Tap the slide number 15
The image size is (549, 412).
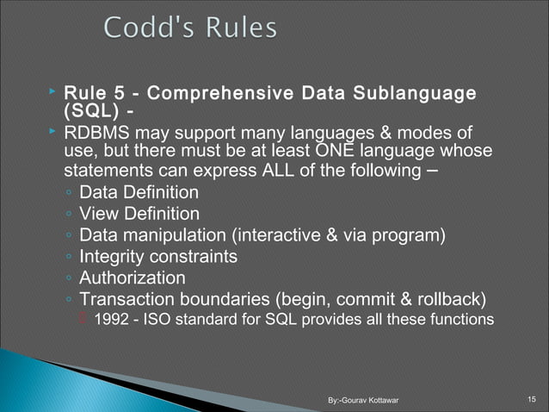click(531, 398)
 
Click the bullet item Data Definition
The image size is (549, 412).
click(139, 191)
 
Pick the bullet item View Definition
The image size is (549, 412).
click(139, 213)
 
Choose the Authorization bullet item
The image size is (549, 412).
click(132, 278)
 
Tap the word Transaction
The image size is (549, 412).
click(129, 299)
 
